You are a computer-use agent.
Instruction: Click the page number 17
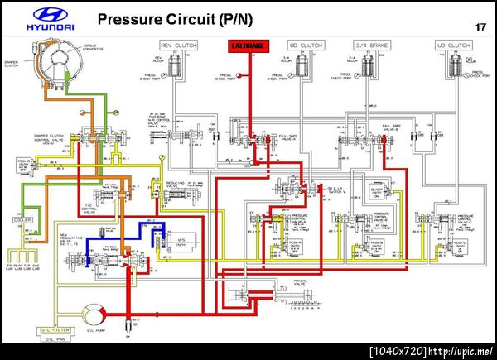[x=480, y=27]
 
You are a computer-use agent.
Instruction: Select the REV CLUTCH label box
[x=177, y=46]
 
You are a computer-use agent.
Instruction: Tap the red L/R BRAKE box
[x=248, y=46]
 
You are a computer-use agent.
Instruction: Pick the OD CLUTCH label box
[x=304, y=46]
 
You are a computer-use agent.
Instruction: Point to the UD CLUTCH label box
[x=452, y=46]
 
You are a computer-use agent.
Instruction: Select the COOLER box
[x=22, y=220]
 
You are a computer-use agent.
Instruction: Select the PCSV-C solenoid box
[x=458, y=245]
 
